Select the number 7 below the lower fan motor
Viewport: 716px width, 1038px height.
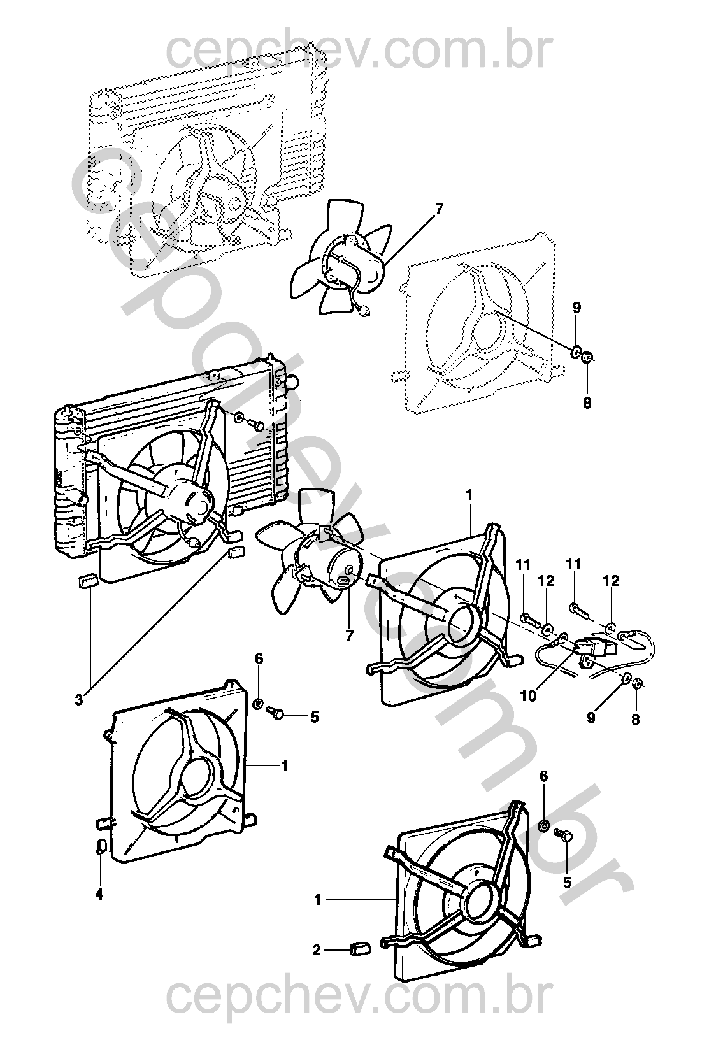[349, 636]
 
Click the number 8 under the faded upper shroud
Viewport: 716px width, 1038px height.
[587, 402]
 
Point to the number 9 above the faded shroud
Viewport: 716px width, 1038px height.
[576, 308]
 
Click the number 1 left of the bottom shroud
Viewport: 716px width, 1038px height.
[318, 900]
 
